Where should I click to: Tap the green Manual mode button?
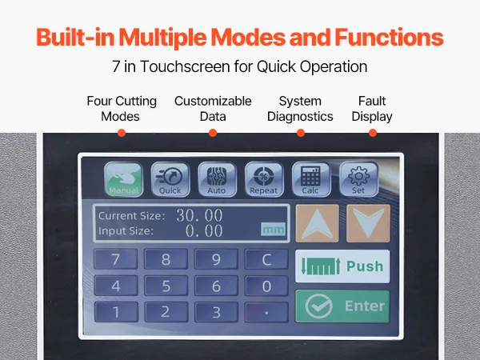[123, 180]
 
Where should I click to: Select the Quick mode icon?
[170, 180]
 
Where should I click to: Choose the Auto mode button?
[217, 180]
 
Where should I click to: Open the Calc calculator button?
[311, 180]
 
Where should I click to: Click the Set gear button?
[358, 180]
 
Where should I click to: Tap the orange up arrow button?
[317, 223]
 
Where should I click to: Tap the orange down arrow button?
[368, 223]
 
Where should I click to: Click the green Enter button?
[342, 306]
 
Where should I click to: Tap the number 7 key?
[116, 259]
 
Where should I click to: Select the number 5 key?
[166, 286]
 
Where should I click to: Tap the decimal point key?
[266, 312]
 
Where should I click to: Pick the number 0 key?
[266, 286]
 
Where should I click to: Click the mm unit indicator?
[273, 229]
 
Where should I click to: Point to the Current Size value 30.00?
[199, 215]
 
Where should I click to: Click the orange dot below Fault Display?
[373, 133]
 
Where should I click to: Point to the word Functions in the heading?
[389, 37]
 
